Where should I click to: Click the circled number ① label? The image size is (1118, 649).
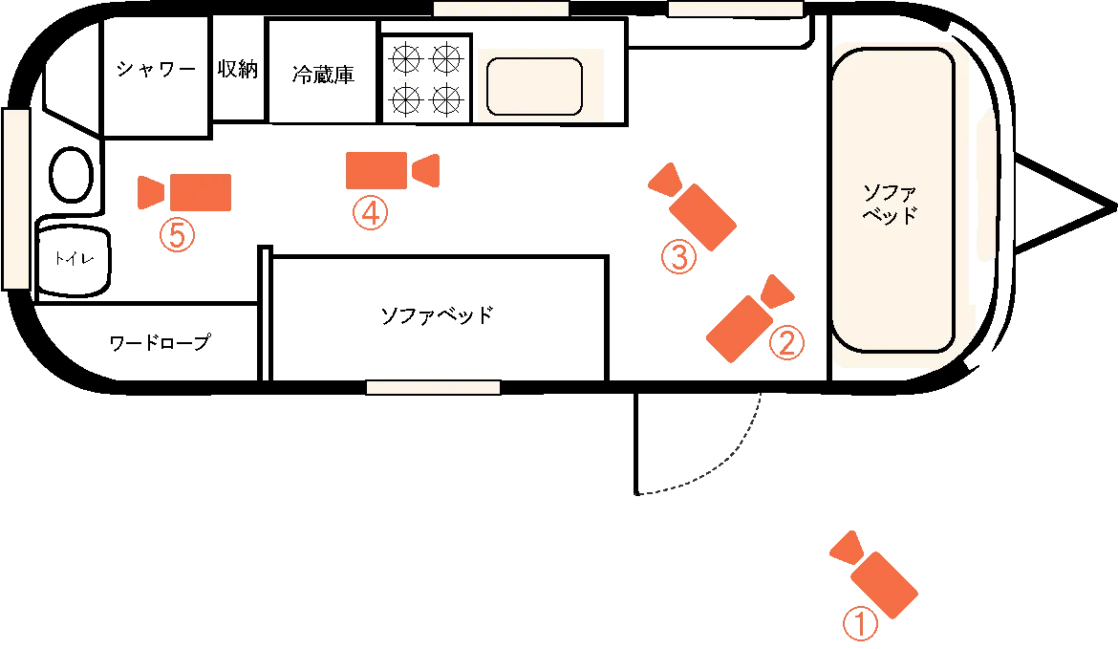(x=860, y=624)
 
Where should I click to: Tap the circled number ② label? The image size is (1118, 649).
(x=786, y=343)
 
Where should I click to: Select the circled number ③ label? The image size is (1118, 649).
(x=678, y=257)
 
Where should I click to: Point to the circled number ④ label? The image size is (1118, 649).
(x=371, y=212)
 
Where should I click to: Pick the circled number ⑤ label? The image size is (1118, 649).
(x=178, y=234)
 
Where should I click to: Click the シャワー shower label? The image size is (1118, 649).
(x=156, y=69)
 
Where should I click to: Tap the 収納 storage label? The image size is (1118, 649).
(x=237, y=69)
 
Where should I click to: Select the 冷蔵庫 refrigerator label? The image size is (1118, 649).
(x=323, y=75)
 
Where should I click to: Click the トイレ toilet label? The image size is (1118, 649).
(x=75, y=258)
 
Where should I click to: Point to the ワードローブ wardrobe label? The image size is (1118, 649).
(x=160, y=342)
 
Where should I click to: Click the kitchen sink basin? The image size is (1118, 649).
(x=535, y=86)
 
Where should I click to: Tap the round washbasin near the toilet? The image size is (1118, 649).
(x=72, y=175)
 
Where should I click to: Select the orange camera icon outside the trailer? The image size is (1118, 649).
(x=874, y=574)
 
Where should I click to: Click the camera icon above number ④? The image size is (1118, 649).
(x=392, y=170)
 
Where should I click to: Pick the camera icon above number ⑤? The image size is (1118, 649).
(x=184, y=192)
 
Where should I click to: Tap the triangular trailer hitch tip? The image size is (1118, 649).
(x=1115, y=206)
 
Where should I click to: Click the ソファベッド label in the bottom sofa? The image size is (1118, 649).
(x=437, y=315)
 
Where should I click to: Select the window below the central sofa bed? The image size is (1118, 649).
(x=434, y=388)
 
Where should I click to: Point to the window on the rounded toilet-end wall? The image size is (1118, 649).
(x=15, y=199)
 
